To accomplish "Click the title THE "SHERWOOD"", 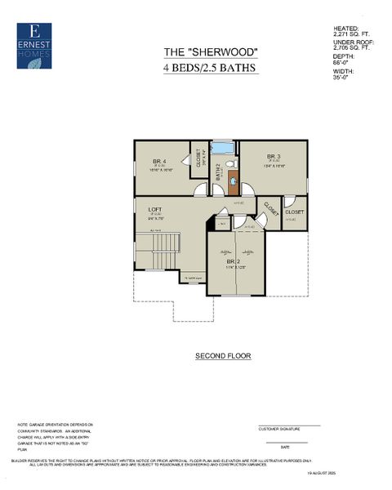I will coord(212,52).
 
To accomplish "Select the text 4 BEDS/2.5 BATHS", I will coord(212,69).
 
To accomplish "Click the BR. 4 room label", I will coord(159,161).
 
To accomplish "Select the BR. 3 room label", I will coord(273,156).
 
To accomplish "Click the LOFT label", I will coord(154,209).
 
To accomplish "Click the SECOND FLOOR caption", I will coord(223,356).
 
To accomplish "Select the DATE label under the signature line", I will coord(285,447).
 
